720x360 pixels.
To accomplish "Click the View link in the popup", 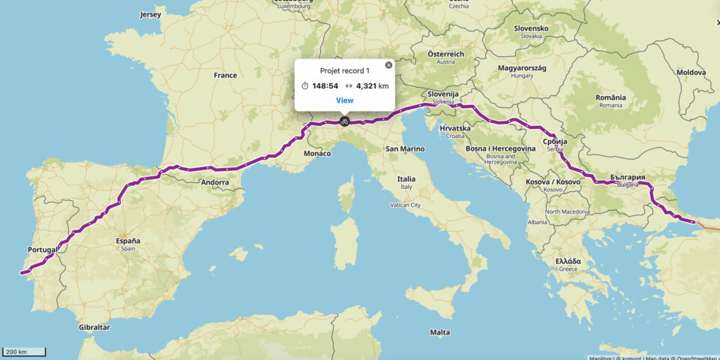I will (x=344, y=100).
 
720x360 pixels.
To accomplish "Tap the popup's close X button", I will (x=388, y=65).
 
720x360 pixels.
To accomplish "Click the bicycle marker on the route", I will (x=343, y=121).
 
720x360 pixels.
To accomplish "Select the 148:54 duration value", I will (x=325, y=85).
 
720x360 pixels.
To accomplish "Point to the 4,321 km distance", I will (x=372, y=85).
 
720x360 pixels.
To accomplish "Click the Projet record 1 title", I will (x=344, y=70).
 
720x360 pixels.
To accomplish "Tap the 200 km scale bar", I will (x=24, y=351).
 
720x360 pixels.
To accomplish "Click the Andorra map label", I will (x=215, y=181).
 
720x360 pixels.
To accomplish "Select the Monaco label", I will (x=317, y=153).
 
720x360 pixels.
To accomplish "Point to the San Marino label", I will (x=405, y=148).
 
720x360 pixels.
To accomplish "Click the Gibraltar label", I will (x=94, y=327).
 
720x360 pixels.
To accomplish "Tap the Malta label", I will (x=440, y=332).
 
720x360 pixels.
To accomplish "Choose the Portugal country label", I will (x=42, y=250).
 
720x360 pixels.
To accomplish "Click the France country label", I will (x=225, y=75).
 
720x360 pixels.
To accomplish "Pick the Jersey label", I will (x=150, y=14).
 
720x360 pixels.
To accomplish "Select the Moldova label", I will (x=691, y=72).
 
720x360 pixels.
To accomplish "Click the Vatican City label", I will (x=405, y=205).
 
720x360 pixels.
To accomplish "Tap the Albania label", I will (x=537, y=222).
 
